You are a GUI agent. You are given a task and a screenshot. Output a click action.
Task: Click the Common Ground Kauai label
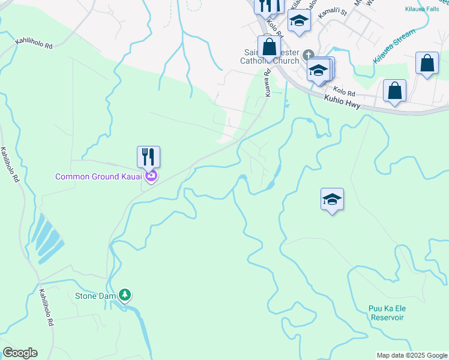98,176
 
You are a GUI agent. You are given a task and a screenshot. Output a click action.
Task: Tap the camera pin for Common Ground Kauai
151,176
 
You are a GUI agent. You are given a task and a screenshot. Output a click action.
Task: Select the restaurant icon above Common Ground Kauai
148,157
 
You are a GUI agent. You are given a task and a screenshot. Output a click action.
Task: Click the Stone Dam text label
95,296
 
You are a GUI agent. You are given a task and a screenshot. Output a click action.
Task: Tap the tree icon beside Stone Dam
125,295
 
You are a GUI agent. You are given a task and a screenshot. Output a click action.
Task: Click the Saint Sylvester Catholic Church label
270,56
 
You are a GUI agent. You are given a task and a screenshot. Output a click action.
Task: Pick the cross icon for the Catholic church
309,54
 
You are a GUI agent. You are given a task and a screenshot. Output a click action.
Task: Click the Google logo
20,353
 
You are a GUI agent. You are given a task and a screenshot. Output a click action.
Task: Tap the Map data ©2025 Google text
411,355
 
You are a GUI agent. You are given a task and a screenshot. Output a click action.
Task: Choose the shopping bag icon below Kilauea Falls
427,63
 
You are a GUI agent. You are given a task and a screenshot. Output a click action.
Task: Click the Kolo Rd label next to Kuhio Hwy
345,92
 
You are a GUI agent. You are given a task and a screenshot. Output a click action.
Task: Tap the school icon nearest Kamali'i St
298,21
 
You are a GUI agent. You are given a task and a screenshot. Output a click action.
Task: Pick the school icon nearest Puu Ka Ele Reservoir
332,200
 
